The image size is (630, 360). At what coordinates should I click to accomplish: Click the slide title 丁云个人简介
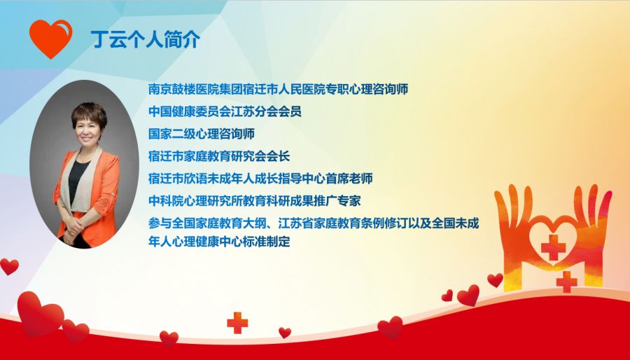[x=146, y=39]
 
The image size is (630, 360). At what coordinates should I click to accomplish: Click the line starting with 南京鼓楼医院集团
[x=278, y=89]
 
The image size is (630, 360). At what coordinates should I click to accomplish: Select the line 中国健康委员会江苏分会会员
[x=225, y=111]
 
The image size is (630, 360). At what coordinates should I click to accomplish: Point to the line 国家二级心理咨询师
[x=202, y=134]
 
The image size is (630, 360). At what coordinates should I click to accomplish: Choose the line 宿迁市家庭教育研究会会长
[x=219, y=156]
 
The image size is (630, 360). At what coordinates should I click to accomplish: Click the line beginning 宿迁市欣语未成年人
[x=260, y=179]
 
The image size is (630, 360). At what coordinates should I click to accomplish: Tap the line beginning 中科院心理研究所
[x=254, y=201]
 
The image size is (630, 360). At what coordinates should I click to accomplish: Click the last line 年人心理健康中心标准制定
[x=219, y=242]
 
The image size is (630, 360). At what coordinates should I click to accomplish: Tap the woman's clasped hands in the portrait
[x=73, y=229]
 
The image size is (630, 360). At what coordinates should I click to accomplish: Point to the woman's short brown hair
[x=89, y=114]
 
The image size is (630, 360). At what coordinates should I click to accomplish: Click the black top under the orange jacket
[x=78, y=181]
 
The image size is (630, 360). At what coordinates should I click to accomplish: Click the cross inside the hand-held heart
[x=553, y=247]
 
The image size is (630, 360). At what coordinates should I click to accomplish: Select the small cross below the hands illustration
[x=566, y=282]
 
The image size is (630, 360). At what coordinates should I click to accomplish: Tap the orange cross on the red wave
[x=237, y=323]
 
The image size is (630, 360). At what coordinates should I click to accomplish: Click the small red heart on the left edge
[x=9, y=266]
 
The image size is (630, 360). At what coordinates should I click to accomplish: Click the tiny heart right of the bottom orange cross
[x=285, y=332]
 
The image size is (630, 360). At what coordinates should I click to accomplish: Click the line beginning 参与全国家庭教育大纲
[x=314, y=223]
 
